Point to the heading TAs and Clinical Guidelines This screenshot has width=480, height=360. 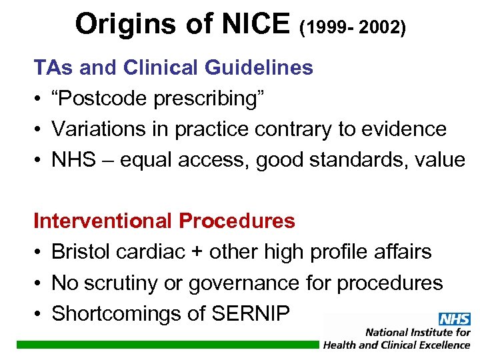pos(173,67)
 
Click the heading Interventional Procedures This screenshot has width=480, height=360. pos(164,221)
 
